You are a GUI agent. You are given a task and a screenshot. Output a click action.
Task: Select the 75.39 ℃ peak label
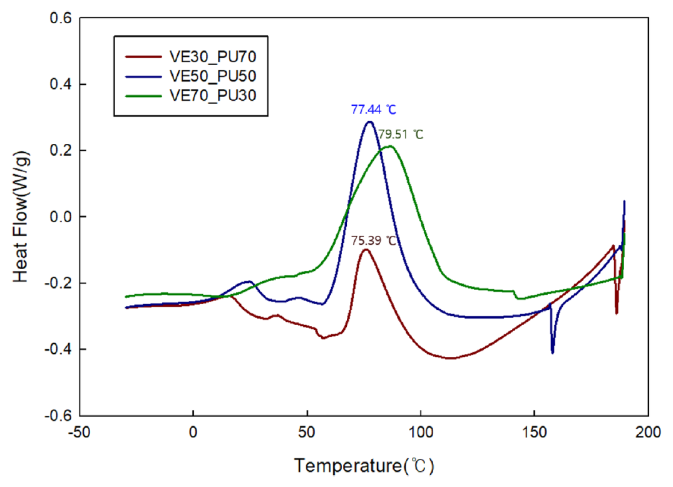point(374,240)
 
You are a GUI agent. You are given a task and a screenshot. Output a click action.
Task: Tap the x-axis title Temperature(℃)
point(364,466)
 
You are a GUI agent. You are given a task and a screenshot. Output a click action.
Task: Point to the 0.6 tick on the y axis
point(61,19)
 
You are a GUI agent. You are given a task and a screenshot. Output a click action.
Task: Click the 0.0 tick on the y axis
point(61,217)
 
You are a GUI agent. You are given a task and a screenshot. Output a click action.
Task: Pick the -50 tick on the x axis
point(80,432)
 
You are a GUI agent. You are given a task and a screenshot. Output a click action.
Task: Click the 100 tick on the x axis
point(421,432)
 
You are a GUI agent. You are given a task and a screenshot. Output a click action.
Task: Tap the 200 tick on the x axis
point(647,432)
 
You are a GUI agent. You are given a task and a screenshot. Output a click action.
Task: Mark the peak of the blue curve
point(369,121)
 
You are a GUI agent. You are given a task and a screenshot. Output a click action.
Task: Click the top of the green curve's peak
point(389,146)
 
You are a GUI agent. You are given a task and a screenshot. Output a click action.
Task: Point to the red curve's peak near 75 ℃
point(366,250)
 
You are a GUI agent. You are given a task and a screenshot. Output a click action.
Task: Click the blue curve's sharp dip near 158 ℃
point(552,352)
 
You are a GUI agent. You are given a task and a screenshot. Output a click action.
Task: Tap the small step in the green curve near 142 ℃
point(516,294)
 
